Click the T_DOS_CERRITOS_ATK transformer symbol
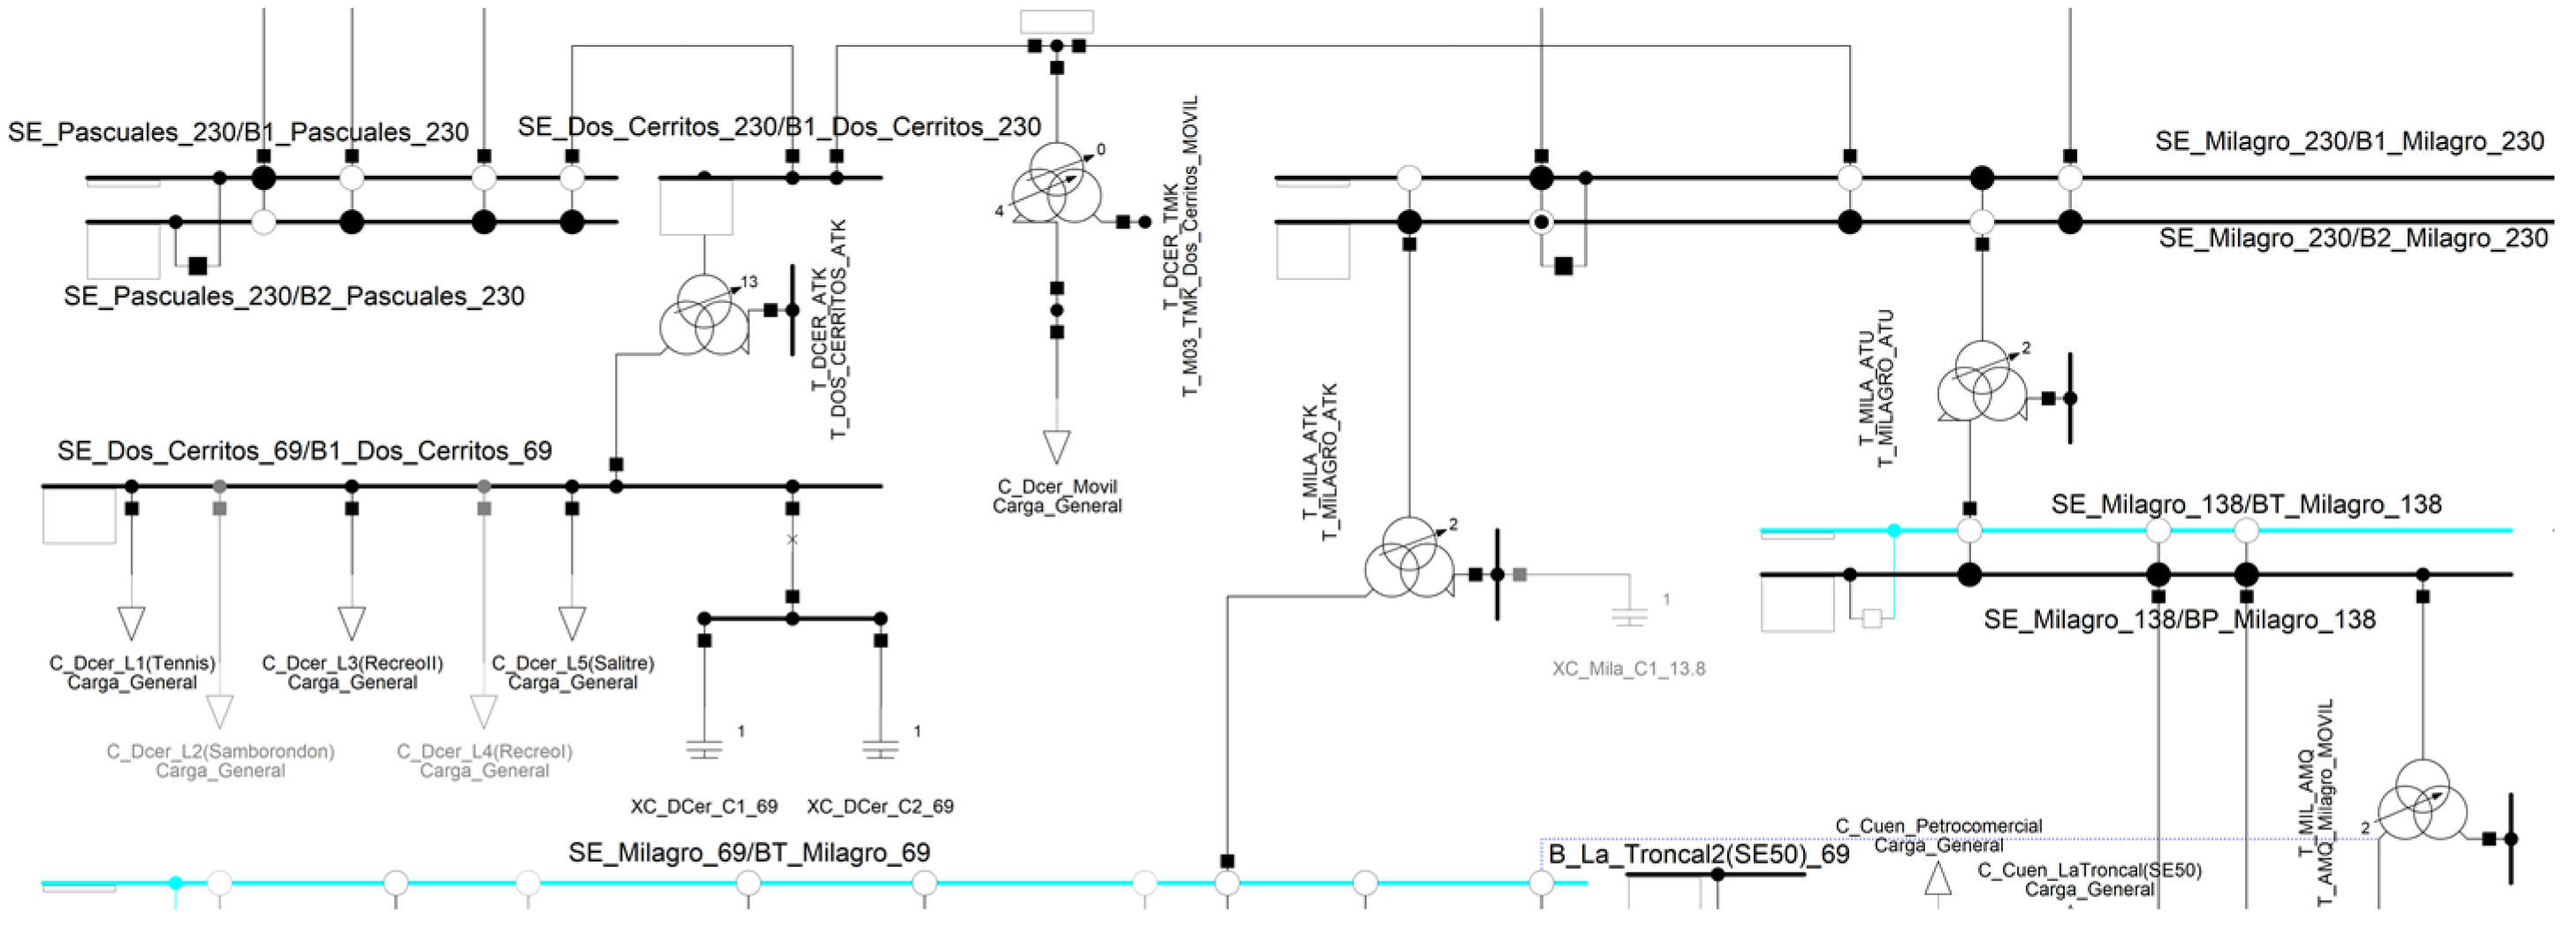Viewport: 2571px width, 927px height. pyautogui.click(x=703, y=314)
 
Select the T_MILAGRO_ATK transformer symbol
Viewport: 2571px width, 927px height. pyautogui.click(x=1409, y=559)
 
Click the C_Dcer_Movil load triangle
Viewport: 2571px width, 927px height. pyautogui.click(x=1057, y=446)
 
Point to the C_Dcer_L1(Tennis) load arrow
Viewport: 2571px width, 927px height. pyautogui.click(x=132, y=622)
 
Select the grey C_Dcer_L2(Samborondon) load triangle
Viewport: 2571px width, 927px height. pyautogui.click(x=220, y=712)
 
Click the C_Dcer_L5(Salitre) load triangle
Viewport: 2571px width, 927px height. pyautogui.click(x=572, y=622)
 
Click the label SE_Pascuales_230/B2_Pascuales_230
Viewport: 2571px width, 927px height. pyautogui.click(x=293, y=297)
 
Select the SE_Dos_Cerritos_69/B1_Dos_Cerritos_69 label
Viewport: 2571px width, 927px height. pyautogui.click(x=305, y=451)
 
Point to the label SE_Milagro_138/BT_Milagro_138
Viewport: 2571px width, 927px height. pyautogui.click(x=2246, y=505)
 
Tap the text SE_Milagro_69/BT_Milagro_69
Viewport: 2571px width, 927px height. pyautogui.click(x=748, y=853)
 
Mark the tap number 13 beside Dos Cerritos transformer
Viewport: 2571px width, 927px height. pyautogui.click(x=749, y=283)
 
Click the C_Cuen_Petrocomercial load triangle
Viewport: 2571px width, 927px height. pyautogui.click(x=1938, y=878)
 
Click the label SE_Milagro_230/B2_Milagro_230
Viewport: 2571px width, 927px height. pyautogui.click(x=2353, y=238)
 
